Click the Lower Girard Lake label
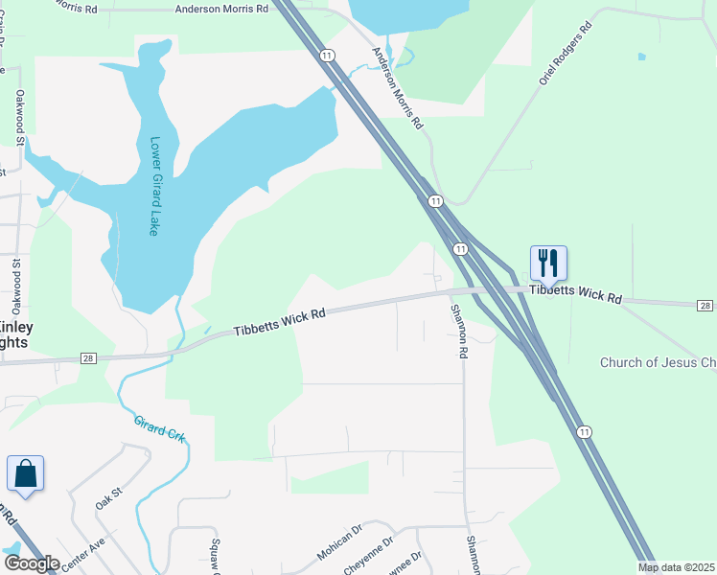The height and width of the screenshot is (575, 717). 153,186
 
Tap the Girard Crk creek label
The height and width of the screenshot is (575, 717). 159,430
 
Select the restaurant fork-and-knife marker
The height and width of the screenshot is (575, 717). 548,263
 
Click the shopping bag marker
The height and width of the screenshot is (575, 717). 25,474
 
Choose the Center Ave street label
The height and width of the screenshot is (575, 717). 83,555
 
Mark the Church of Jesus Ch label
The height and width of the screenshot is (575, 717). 658,363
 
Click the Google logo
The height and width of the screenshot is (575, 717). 32,563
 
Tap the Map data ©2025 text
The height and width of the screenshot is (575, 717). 676,567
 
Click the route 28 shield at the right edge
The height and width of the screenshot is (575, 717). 705,305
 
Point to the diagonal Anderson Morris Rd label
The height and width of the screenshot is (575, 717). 397,89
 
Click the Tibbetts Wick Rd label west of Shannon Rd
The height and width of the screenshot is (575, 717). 280,322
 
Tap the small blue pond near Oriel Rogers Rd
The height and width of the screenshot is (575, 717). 640,57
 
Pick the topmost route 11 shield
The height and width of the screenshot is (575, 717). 328,56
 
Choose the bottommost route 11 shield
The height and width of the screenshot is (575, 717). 584,433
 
